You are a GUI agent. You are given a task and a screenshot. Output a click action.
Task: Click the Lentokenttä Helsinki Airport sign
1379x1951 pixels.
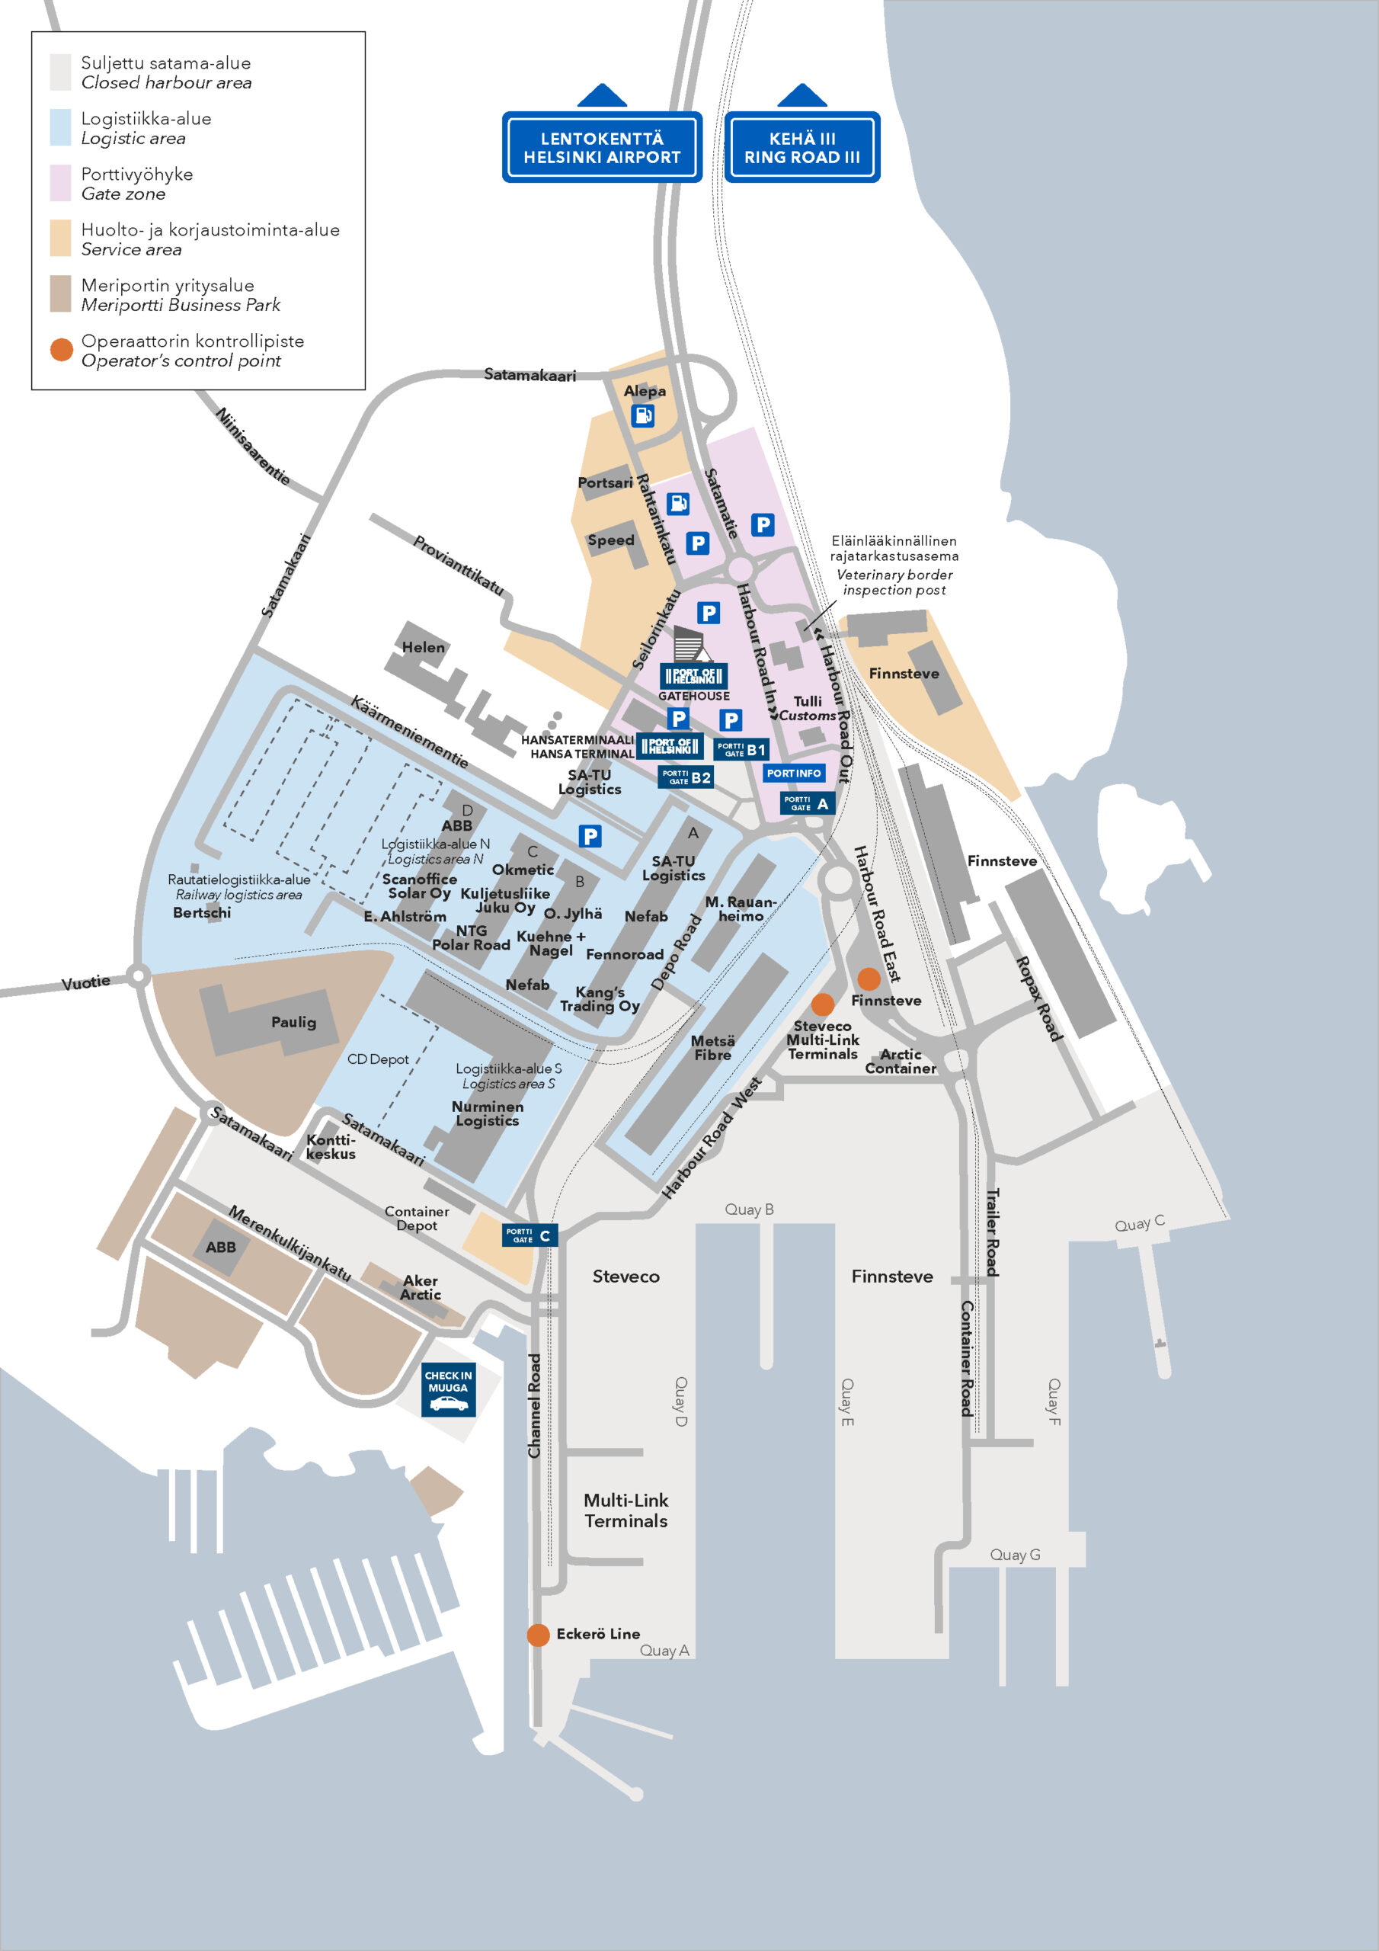click(602, 147)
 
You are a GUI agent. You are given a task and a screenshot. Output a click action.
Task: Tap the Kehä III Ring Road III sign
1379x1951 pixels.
click(801, 147)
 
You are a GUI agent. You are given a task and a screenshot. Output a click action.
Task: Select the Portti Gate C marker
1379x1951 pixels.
click(530, 1235)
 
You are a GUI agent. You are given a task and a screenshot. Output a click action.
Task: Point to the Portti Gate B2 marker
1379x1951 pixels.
click(686, 777)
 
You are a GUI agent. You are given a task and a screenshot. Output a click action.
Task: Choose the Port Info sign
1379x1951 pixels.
click(794, 774)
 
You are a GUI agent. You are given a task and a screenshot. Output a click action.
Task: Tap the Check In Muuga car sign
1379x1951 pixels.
click(448, 1389)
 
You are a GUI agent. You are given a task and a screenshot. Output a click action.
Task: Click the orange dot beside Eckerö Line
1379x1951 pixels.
click(538, 1634)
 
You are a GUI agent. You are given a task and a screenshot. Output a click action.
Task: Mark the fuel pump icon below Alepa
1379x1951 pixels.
click(643, 415)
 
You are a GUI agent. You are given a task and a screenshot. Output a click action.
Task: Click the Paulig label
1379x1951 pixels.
click(293, 1021)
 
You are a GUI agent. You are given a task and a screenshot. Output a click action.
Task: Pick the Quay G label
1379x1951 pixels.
click(1015, 1554)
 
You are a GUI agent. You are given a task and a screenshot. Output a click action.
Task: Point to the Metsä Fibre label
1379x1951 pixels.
click(712, 1048)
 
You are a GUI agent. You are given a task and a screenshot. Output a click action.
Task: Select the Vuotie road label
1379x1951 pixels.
click(86, 983)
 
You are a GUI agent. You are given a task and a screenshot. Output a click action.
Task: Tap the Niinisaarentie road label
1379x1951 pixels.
click(252, 446)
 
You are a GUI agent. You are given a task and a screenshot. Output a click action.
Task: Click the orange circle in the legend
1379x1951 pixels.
click(61, 349)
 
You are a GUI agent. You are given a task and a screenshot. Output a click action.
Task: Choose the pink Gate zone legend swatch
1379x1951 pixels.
click(60, 183)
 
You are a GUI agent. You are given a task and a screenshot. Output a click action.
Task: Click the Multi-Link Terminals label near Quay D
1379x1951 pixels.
click(626, 1510)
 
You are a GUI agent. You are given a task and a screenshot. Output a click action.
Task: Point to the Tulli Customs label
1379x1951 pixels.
click(807, 708)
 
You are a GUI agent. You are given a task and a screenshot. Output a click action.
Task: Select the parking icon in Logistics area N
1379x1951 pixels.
click(590, 836)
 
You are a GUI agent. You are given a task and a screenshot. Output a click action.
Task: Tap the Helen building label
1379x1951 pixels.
click(423, 647)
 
